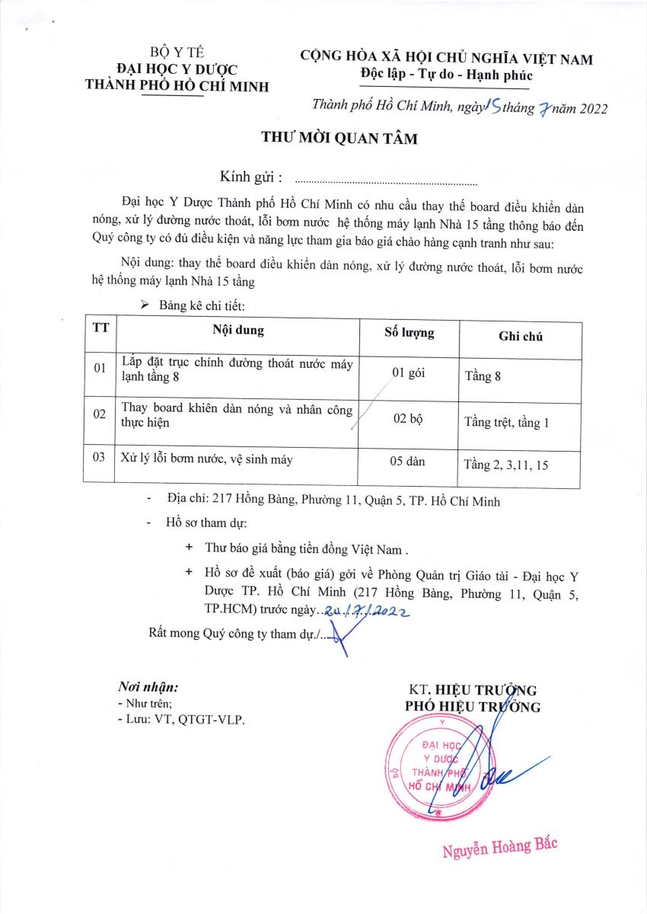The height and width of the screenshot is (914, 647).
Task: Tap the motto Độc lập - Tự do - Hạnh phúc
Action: [x=447, y=75]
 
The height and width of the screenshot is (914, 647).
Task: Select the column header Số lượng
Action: [x=409, y=333]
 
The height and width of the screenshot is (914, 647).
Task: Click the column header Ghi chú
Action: [x=521, y=336]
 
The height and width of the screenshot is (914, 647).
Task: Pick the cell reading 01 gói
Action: [x=408, y=373]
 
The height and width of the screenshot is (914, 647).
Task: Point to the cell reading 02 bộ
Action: [x=409, y=421]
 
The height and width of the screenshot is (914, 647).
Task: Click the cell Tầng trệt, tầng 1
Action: [x=506, y=423]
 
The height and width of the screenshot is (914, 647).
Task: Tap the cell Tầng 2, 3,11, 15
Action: [x=505, y=465]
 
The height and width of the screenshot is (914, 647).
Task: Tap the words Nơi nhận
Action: [x=148, y=685]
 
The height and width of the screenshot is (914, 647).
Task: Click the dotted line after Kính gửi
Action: [x=385, y=183]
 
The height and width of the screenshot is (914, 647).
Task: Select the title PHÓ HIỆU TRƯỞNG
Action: [x=473, y=707]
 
